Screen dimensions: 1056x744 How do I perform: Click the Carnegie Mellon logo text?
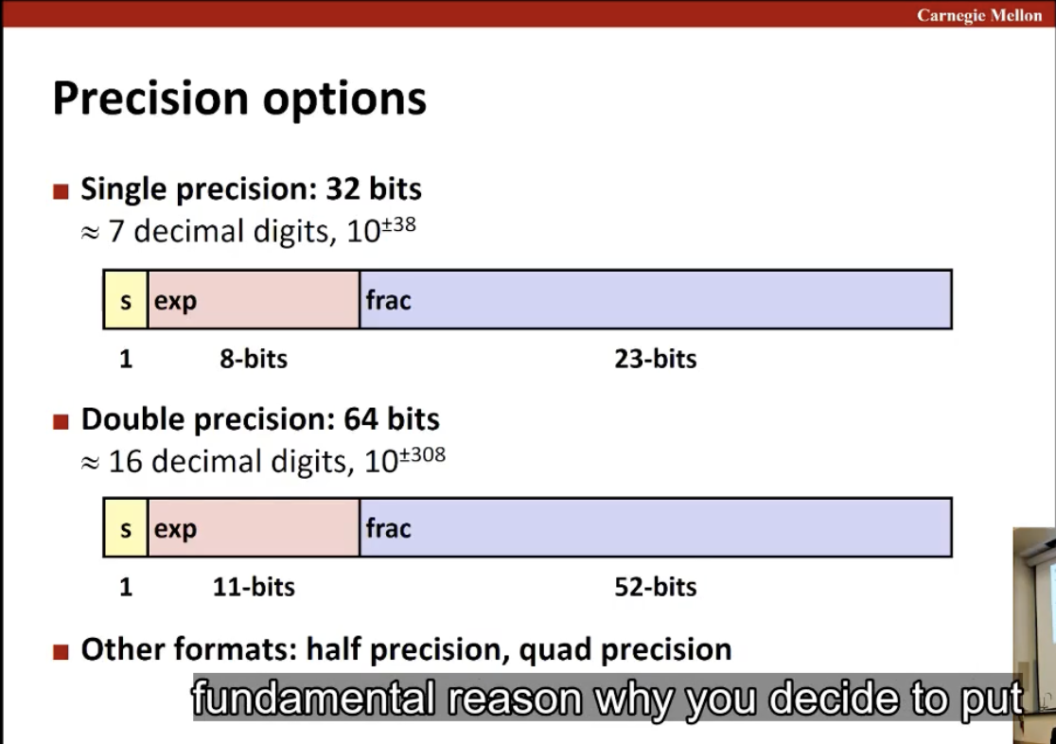978,15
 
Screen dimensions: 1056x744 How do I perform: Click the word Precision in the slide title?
150,98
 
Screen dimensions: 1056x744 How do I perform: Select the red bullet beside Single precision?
61,191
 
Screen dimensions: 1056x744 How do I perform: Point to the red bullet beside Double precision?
61,422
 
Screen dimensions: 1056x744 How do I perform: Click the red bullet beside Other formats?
61,651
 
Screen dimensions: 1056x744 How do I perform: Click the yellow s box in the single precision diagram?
125,300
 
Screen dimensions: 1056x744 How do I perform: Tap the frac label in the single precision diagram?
388,300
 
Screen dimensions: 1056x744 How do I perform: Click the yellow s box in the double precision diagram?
125,528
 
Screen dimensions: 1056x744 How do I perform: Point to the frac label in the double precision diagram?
388,528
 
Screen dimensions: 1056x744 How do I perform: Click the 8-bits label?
254,359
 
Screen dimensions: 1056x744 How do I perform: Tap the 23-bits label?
656,359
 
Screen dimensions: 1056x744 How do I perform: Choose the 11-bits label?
254,587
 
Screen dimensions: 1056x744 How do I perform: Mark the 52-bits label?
656,587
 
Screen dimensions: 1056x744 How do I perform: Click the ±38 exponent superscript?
398,224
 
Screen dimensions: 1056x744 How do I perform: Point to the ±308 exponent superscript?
422,455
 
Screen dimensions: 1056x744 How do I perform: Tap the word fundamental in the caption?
313,698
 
